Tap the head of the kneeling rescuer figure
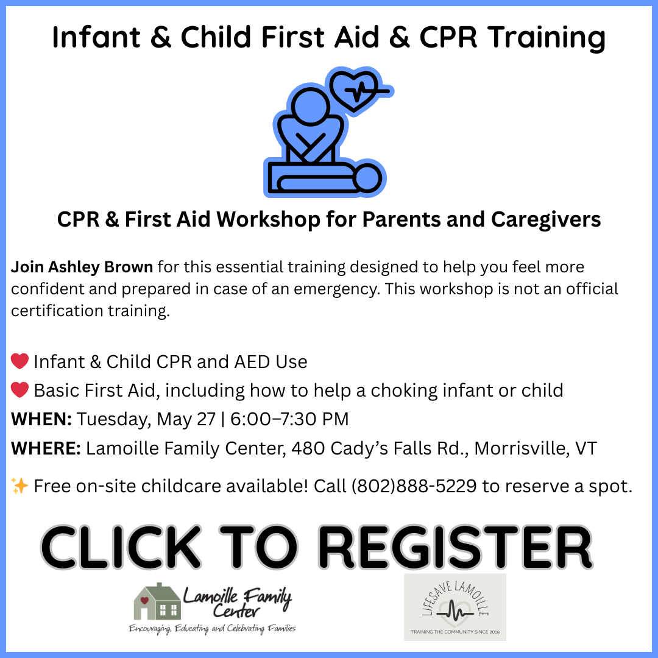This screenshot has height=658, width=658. pyautogui.click(x=310, y=106)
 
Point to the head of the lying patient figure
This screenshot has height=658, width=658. pyautogui.click(x=367, y=179)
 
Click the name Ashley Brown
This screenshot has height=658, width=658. pyautogui.click(x=101, y=267)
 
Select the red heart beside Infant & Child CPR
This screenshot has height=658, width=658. pyautogui.click(x=19, y=361)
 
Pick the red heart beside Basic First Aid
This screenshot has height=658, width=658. pyautogui.click(x=19, y=390)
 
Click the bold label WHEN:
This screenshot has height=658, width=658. pyautogui.click(x=41, y=419)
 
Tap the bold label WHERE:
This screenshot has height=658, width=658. pyautogui.click(x=46, y=448)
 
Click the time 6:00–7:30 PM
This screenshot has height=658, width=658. pyautogui.click(x=289, y=419)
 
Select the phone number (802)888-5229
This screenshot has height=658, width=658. pyautogui.click(x=414, y=486)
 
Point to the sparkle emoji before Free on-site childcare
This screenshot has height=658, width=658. pyautogui.click(x=19, y=486)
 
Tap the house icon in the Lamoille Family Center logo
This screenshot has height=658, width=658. pyautogui.click(x=157, y=601)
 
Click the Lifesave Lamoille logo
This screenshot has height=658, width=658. pyautogui.click(x=455, y=607)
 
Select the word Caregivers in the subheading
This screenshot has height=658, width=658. pyautogui.click(x=546, y=219)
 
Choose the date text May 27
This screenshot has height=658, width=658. pyautogui.click(x=186, y=419)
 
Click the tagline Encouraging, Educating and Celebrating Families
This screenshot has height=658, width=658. pyautogui.click(x=213, y=629)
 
